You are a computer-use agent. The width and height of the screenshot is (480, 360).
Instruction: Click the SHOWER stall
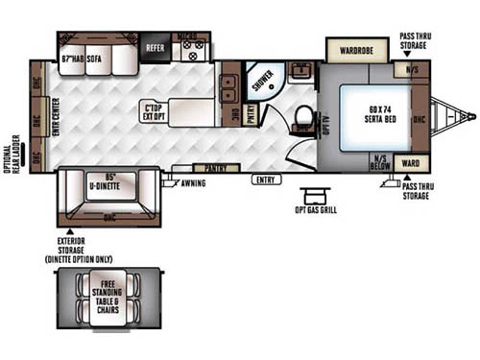tap(262, 81)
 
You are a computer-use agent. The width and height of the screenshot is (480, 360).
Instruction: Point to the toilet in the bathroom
tap(304, 118)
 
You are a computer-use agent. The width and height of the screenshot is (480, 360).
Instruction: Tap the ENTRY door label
tap(266, 180)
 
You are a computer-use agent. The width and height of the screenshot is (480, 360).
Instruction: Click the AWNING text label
tap(193, 182)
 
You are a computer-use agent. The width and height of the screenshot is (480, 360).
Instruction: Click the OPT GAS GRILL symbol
tap(313, 195)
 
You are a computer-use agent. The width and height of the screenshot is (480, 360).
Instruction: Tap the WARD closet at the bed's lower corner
tap(410, 162)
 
